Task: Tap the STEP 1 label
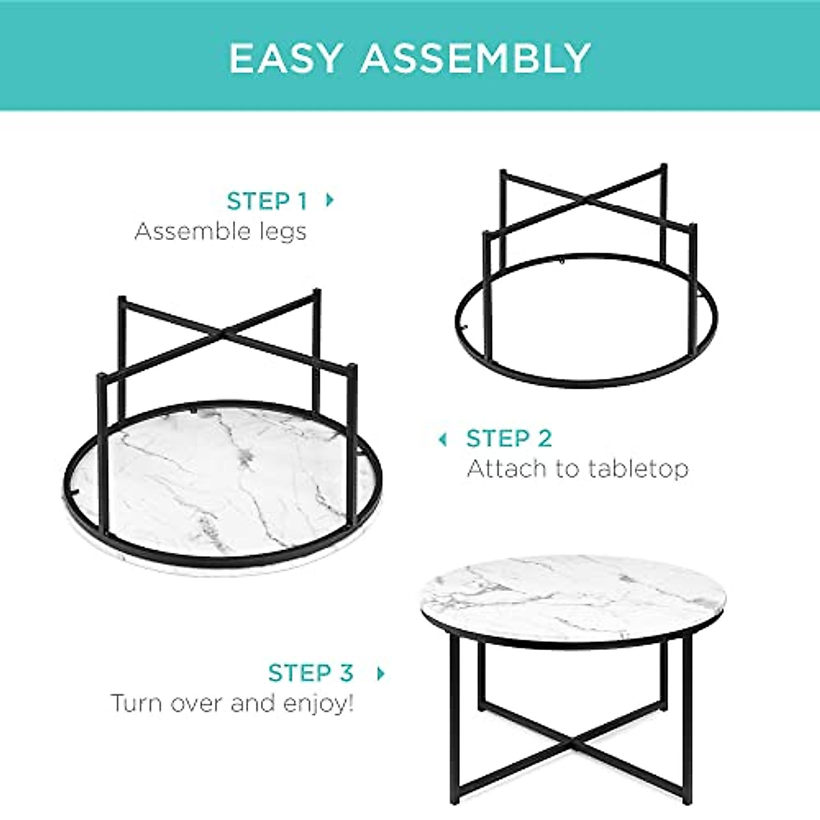[x=266, y=202]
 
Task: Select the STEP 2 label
[x=509, y=439]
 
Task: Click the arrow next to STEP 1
[x=330, y=200]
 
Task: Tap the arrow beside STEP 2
[x=443, y=439]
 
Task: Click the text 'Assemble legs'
[x=221, y=232]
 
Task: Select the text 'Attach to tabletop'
[x=577, y=469]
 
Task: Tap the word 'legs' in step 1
[x=285, y=232]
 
